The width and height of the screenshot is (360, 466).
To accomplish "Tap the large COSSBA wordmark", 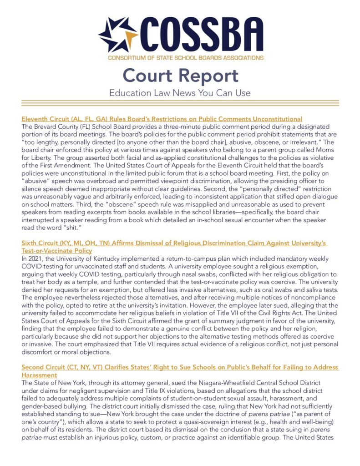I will [x=201, y=35].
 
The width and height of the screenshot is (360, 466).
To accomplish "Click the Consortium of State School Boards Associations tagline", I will [x=185, y=58].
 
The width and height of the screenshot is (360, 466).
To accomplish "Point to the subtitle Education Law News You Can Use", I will [x=180, y=93].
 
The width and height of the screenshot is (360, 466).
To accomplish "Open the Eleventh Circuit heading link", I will [x=162, y=119].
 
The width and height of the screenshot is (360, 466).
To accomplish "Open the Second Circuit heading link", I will [x=180, y=367].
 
